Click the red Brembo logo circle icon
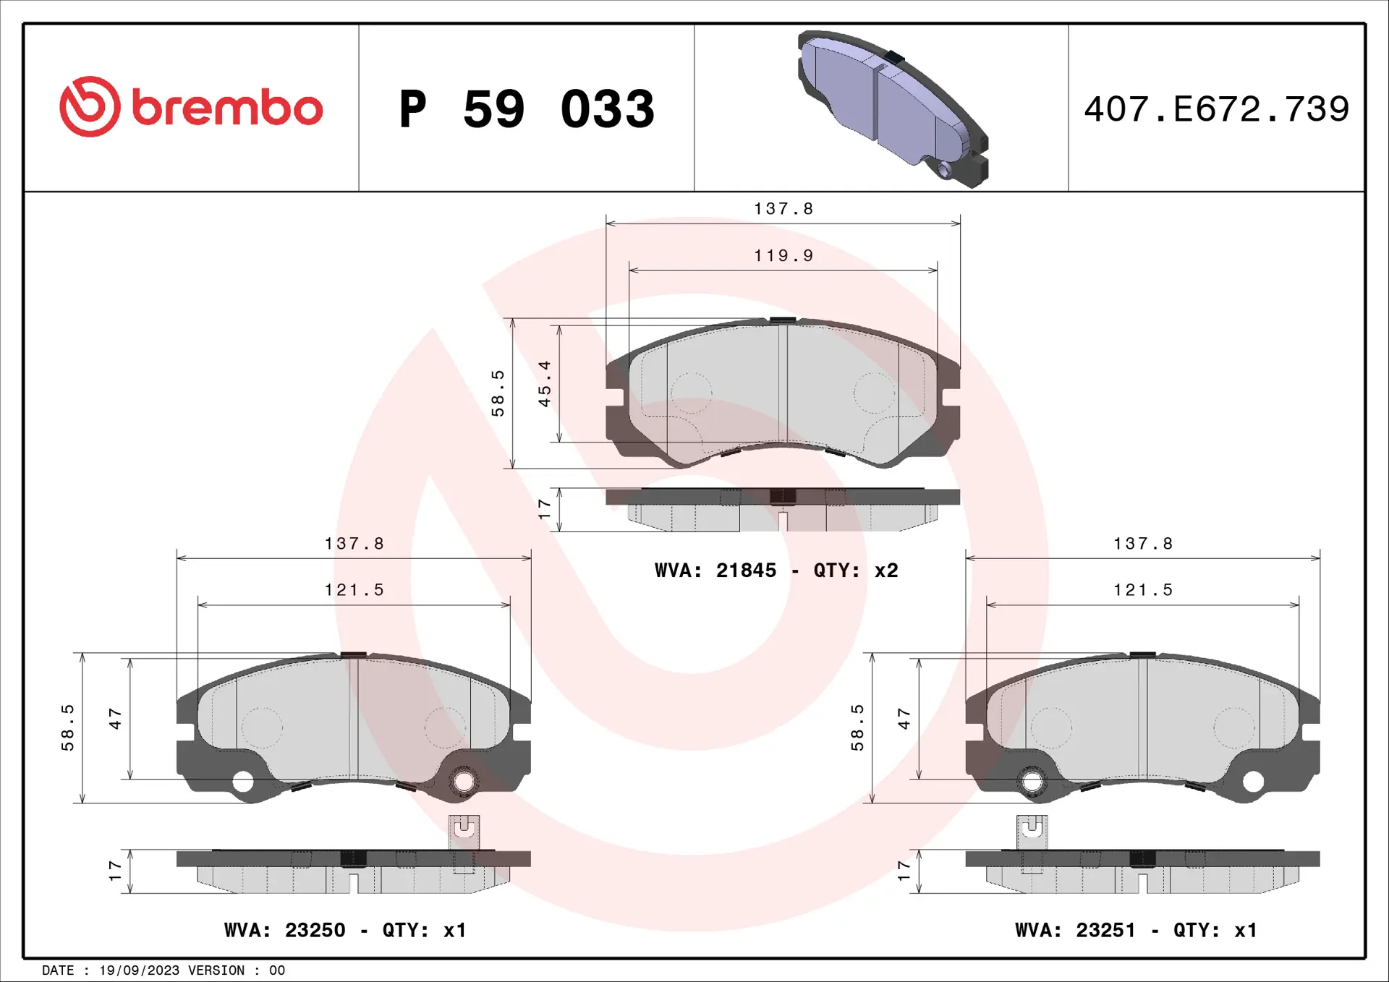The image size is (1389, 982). click(90, 107)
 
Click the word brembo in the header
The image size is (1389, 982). click(227, 108)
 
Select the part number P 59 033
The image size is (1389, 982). click(527, 109)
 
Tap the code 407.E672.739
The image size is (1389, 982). click(1216, 109)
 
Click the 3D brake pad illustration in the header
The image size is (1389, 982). click(893, 108)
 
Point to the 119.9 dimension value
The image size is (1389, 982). click(783, 256)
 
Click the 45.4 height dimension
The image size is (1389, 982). click(545, 383)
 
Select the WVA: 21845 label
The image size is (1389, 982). click(715, 571)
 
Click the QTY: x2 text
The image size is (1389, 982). click(856, 571)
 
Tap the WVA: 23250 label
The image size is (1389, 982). click(284, 930)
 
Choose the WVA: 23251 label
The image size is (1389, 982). click(1075, 930)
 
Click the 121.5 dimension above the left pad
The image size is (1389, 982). click(354, 590)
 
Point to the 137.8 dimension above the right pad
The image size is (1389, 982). click(1143, 544)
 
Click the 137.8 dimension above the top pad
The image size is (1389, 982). click(783, 209)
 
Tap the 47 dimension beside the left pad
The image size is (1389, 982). click(115, 718)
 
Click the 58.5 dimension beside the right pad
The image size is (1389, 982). click(857, 727)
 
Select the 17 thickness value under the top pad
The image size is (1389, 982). click(545, 509)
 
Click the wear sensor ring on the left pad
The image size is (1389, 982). click(463, 782)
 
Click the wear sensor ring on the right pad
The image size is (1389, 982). click(1032, 782)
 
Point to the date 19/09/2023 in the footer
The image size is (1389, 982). click(139, 970)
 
